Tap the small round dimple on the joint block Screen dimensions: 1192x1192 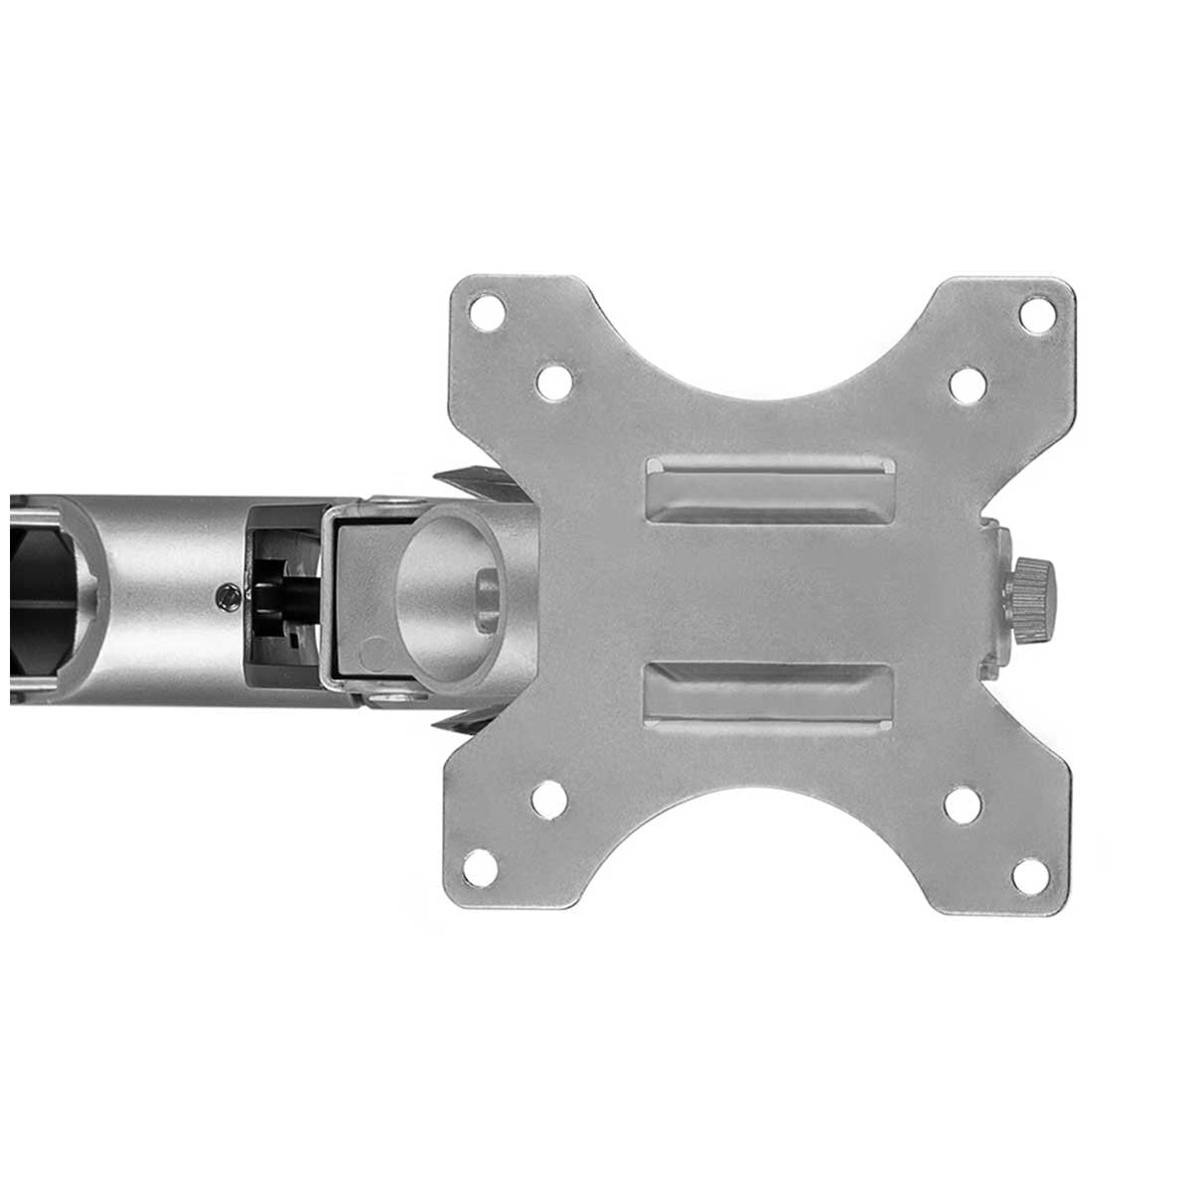(374, 654)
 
